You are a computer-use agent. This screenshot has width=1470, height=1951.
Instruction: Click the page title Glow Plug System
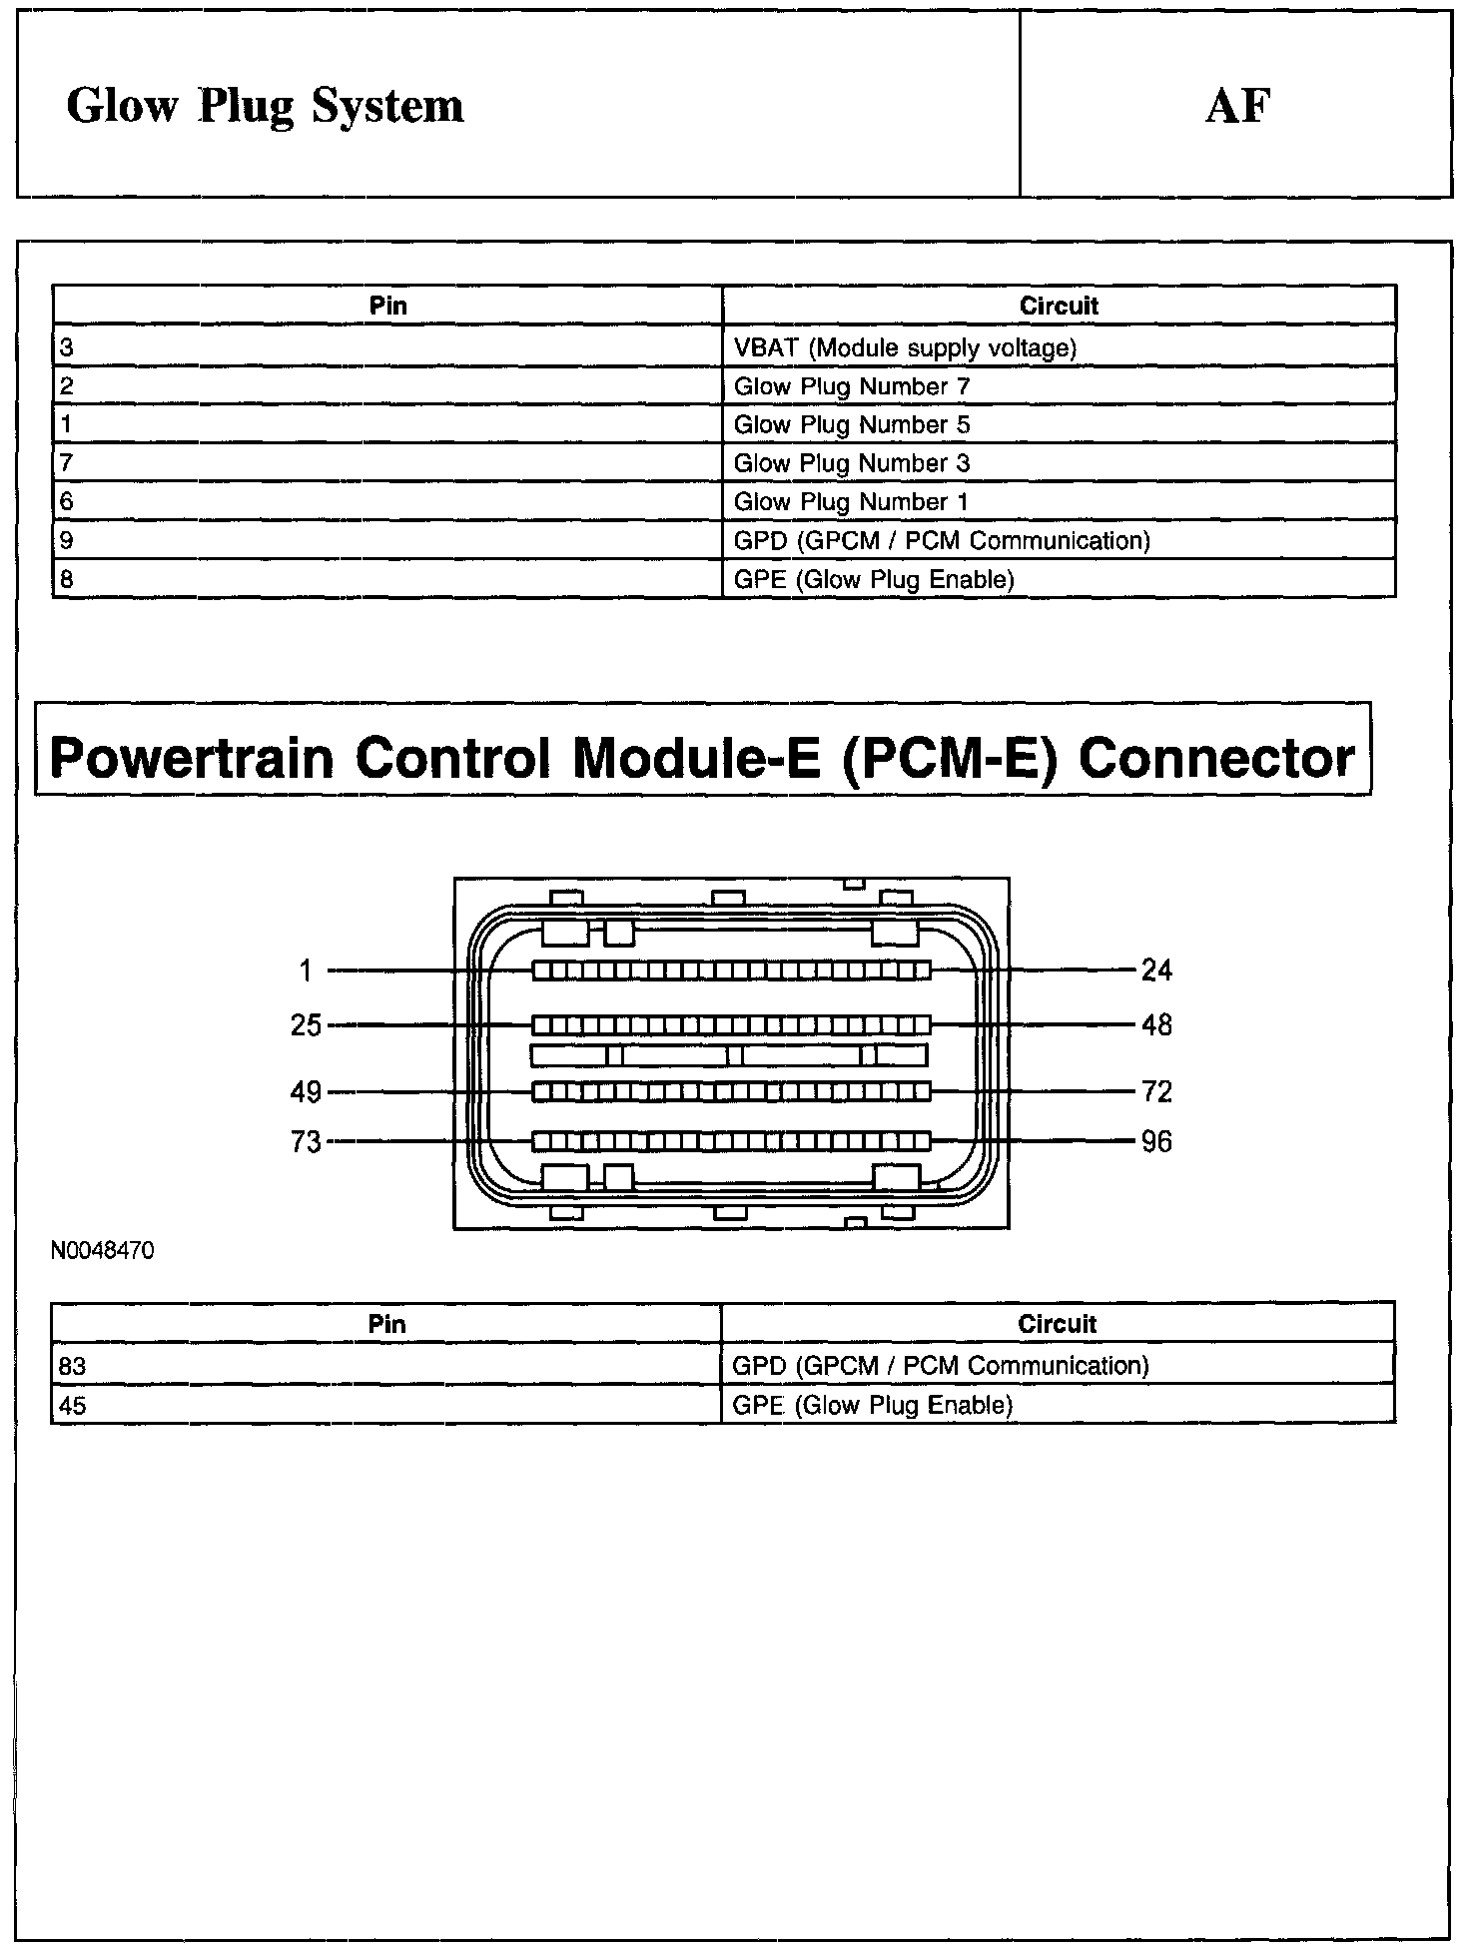[x=265, y=106]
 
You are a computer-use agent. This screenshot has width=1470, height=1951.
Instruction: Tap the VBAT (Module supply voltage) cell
[x=905, y=347]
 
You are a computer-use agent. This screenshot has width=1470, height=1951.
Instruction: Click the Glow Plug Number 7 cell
[x=852, y=386]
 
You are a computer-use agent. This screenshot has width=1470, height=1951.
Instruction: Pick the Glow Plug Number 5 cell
[x=852, y=424]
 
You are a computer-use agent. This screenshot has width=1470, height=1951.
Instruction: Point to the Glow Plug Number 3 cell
[x=852, y=463]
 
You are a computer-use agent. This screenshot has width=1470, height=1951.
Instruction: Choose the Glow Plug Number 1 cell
[x=851, y=501]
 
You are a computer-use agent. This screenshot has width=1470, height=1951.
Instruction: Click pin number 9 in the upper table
[x=67, y=540]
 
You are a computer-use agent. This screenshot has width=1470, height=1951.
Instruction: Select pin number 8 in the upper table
[x=67, y=579]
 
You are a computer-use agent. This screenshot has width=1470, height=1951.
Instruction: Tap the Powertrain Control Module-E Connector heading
[x=702, y=757]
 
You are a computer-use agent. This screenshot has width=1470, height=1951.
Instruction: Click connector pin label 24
[x=1156, y=970]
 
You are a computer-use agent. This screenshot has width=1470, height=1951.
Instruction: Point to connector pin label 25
[x=306, y=1025]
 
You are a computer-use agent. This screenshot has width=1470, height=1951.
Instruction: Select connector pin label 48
[x=1156, y=1025]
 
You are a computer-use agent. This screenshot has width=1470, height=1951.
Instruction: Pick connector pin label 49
[x=306, y=1092]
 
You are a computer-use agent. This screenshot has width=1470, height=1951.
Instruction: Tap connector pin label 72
[x=1156, y=1092]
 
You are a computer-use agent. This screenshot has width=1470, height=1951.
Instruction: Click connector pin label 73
[x=306, y=1141]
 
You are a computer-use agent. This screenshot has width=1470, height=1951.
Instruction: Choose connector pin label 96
[x=1156, y=1141]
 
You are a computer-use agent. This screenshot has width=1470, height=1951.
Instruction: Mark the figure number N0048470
[x=103, y=1251]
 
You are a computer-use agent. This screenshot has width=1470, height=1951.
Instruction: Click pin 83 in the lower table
[x=73, y=1365]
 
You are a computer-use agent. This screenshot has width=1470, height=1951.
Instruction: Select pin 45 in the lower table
[x=73, y=1406]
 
